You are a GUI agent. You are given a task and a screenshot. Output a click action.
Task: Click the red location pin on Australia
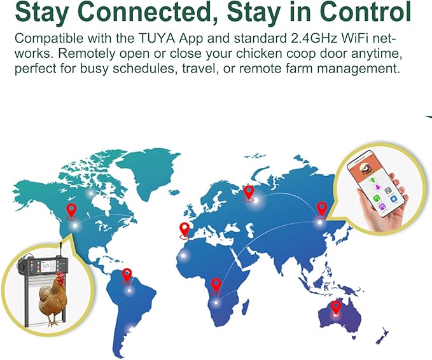click(x=335, y=308)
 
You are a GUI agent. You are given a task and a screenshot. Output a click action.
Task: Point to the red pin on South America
click(x=127, y=276)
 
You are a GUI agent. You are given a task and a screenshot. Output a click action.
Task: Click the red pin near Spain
click(x=185, y=230)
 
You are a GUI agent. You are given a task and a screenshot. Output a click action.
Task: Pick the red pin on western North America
click(x=71, y=211)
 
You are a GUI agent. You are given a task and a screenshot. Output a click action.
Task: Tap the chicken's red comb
click(x=60, y=276)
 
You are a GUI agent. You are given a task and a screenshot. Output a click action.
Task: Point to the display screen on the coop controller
click(x=45, y=266)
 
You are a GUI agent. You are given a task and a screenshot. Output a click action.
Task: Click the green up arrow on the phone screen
click(x=373, y=180)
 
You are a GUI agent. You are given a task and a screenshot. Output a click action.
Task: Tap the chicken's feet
click(x=52, y=322)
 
